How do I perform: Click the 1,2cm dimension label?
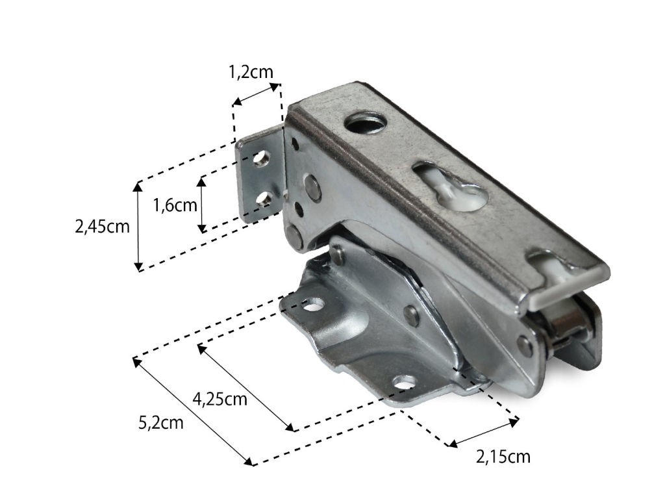point(251,72)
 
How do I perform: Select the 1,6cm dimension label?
point(175,205)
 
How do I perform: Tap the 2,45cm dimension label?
point(102,227)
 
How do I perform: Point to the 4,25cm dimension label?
point(220,400)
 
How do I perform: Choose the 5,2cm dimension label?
point(161,423)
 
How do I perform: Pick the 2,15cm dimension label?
point(503,457)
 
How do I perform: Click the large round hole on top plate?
point(365,122)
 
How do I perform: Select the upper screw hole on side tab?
point(262,159)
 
